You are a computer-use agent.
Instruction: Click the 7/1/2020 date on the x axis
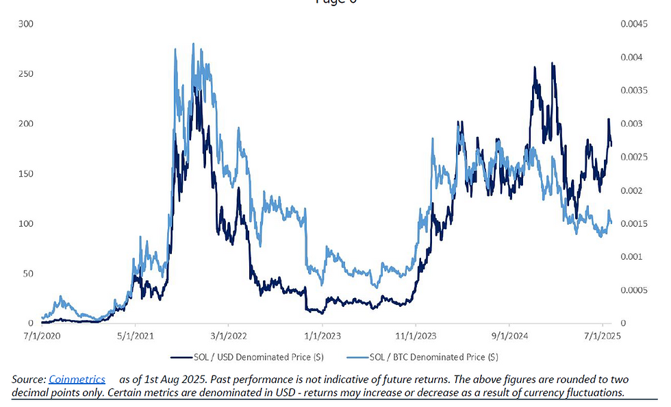click(41, 336)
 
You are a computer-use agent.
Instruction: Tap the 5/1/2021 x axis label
click(136, 336)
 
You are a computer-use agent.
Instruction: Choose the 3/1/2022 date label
click(229, 336)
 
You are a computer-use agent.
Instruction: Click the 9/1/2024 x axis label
click(509, 336)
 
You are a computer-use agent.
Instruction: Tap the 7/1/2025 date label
click(603, 336)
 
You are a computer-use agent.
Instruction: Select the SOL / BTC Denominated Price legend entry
click(433, 357)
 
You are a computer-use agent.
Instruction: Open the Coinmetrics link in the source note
click(77, 379)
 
